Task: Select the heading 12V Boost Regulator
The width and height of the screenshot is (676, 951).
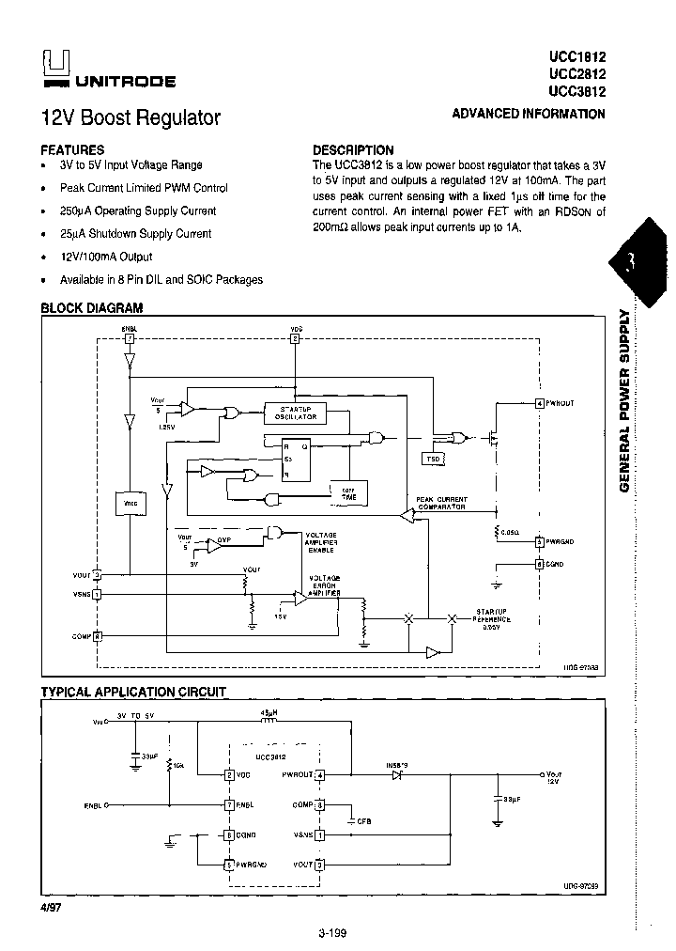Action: (x=131, y=118)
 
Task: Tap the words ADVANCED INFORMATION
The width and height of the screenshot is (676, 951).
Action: (x=529, y=114)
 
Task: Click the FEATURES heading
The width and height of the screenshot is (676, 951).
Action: (x=72, y=149)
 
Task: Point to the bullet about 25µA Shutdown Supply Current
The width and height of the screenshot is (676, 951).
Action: (x=135, y=234)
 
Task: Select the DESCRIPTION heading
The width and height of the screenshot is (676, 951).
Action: (x=353, y=149)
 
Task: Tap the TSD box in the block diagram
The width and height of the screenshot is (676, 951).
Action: (x=433, y=459)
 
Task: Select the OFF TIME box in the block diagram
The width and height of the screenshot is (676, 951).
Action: (x=348, y=492)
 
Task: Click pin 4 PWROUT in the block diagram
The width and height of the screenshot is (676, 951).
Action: (x=539, y=403)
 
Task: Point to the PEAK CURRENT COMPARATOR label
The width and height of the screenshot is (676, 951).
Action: (x=442, y=503)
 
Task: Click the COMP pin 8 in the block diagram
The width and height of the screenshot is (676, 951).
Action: (x=98, y=636)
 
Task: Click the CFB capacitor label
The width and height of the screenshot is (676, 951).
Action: (x=363, y=820)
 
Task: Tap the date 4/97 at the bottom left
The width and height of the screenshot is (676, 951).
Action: (x=53, y=909)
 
